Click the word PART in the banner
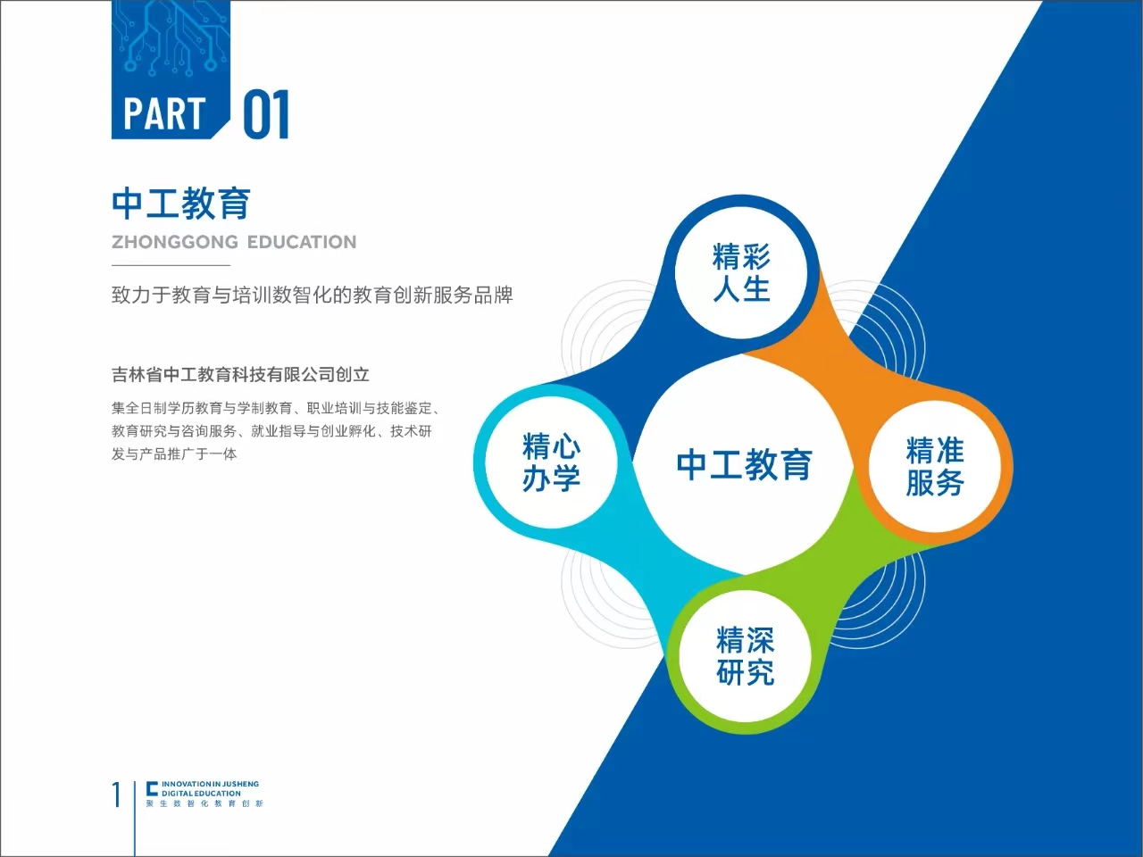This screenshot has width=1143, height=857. (x=164, y=113)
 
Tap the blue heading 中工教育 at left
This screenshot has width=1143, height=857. (x=181, y=204)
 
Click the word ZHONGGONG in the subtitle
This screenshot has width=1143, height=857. (x=175, y=242)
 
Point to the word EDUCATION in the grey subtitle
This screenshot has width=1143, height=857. (x=302, y=242)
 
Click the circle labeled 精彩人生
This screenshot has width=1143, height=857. (x=741, y=272)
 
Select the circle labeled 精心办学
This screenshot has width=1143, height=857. (x=552, y=462)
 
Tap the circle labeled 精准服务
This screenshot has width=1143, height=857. (x=935, y=466)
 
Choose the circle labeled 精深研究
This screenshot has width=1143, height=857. (x=745, y=655)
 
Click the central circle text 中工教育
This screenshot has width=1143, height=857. (x=744, y=465)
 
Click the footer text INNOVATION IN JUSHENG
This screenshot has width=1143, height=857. (x=210, y=784)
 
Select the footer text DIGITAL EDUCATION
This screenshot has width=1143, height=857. (x=201, y=794)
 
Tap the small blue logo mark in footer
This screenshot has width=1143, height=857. (x=152, y=788)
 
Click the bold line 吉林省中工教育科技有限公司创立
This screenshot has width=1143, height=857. (x=240, y=375)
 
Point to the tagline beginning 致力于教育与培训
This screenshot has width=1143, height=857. (x=313, y=295)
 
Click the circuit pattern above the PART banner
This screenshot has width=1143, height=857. (x=171, y=39)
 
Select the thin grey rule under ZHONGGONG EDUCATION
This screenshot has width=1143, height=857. (x=171, y=265)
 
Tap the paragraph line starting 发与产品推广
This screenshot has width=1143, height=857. (x=174, y=453)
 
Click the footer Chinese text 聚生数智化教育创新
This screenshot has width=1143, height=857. (x=204, y=803)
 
